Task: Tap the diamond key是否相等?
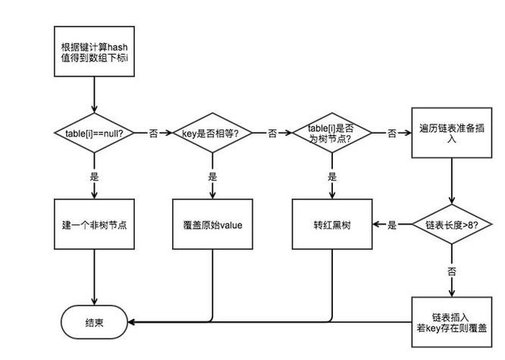point(212,133)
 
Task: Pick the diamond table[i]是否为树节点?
point(331,133)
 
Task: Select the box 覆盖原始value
point(212,225)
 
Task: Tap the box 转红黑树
point(331,225)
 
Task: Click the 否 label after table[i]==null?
point(153,133)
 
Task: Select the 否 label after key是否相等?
point(271,133)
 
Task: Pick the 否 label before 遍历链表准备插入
point(392,133)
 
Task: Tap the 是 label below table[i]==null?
point(94,176)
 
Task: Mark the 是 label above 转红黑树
point(331,176)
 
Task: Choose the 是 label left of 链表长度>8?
point(392,225)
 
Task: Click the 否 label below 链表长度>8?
point(452,270)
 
